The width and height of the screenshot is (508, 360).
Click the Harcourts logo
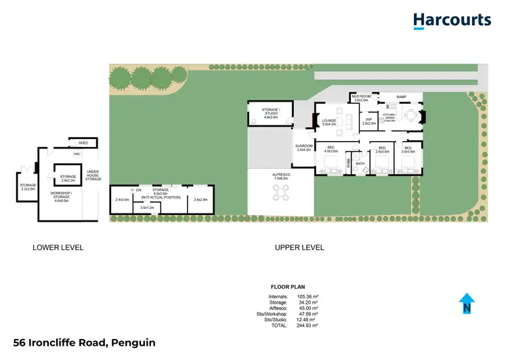(452, 20)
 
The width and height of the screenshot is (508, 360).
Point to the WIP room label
(368, 121)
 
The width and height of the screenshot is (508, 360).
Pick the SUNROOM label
(303, 147)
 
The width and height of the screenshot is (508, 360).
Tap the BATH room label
(360, 163)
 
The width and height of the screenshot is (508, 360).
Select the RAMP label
(401, 97)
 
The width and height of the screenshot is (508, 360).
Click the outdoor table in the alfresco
(280, 194)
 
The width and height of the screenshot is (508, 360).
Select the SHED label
(83, 143)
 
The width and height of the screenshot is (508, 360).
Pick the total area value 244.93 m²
(308, 325)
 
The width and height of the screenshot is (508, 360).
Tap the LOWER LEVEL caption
(58, 248)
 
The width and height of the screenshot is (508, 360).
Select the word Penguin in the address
(133, 343)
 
